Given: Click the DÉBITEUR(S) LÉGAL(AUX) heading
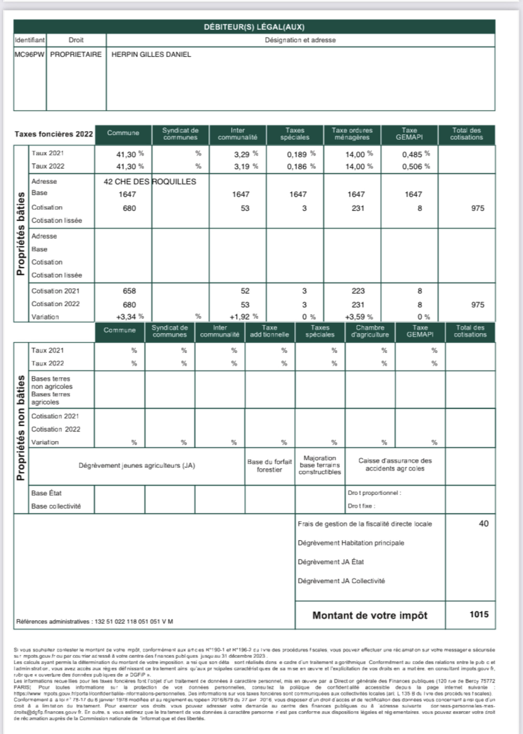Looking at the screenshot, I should (254, 27).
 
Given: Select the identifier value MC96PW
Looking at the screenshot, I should (30, 54).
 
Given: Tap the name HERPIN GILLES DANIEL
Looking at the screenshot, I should (151, 54).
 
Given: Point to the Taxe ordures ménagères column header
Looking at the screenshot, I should (352, 134).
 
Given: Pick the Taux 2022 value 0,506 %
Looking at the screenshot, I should (416, 166).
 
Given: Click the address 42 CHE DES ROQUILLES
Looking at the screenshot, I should (150, 182).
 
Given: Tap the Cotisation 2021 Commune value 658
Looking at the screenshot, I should (129, 291).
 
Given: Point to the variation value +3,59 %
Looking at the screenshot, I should (359, 317).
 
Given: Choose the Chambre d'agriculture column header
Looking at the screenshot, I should (370, 331).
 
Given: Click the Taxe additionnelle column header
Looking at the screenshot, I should (269, 331).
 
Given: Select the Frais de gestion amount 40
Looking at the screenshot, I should (484, 524).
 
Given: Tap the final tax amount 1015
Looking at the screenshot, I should (479, 614).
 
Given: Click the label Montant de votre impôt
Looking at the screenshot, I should (370, 615).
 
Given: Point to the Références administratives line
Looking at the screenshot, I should (95, 621).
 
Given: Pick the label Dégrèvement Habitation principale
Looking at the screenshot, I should (351, 543).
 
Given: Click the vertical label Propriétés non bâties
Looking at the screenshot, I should (21, 428).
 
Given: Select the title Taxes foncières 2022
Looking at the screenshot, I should (53, 134).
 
